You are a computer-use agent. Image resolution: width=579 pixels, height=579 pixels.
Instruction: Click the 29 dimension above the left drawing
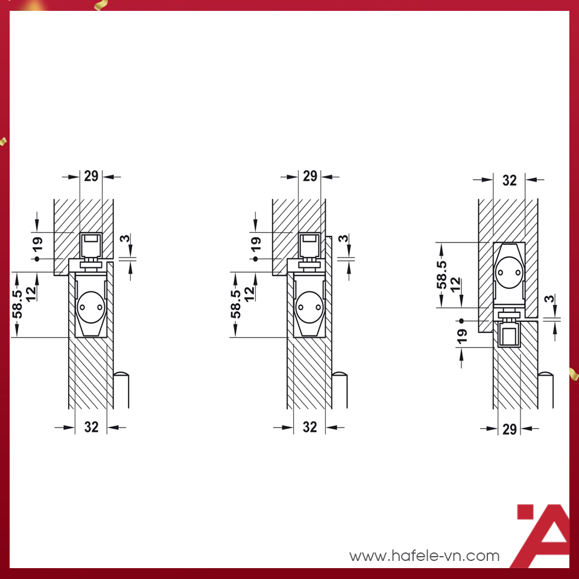(x=91, y=176)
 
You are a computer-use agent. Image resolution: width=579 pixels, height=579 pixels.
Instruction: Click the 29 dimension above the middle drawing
(x=310, y=176)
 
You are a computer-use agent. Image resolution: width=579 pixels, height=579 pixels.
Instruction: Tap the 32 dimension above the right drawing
(x=509, y=180)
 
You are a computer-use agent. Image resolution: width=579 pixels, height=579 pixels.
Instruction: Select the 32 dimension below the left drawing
(x=91, y=427)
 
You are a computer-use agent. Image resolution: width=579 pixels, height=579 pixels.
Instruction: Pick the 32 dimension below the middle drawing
(x=310, y=427)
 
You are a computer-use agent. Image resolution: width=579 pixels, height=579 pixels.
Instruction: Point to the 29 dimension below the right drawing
(x=509, y=429)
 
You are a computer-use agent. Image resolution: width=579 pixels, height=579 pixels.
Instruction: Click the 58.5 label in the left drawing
(x=17, y=303)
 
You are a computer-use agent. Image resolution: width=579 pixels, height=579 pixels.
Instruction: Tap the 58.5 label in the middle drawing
(x=236, y=303)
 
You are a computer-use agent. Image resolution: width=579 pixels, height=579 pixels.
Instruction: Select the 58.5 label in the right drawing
(x=441, y=275)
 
